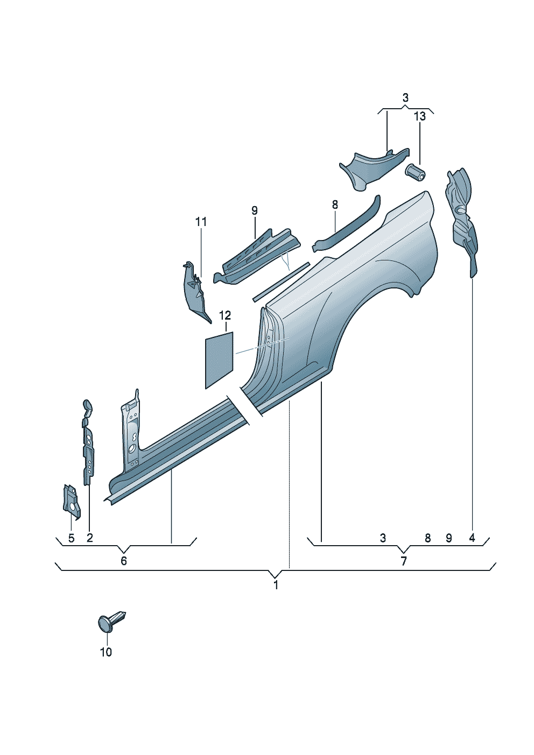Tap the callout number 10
point(106,652)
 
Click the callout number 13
point(419,116)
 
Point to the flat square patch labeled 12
point(219,358)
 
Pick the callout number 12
point(225,315)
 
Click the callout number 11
point(201,222)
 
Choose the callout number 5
point(71,538)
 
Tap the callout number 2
point(89,538)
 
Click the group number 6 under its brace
point(124,561)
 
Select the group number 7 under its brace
point(403,561)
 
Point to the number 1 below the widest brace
point(276,585)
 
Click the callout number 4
point(472,538)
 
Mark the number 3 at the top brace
point(405,98)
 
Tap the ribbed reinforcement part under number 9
point(258,253)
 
